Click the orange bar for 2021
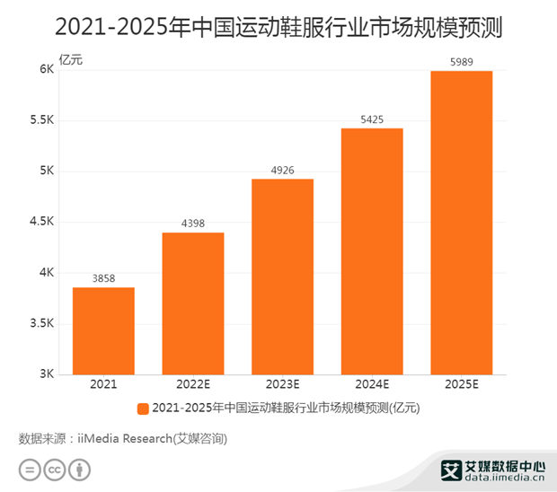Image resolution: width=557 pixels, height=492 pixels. pyautogui.click(x=103, y=330)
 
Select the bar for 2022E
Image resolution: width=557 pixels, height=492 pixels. pyautogui.click(x=193, y=303)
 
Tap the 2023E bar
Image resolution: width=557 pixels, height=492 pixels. pyautogui.click(x=283, y=277)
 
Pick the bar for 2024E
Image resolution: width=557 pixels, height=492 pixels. pyautogui.click(x=372, y=251)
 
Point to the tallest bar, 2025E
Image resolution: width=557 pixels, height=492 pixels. pyautogui.click(x=462, y=223)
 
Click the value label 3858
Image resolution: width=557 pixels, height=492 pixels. pyautogui.click(x=103, y=278)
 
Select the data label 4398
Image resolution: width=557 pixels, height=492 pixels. pyautogui.click(x=193, y=224)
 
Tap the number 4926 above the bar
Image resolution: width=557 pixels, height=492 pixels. pyautogui.click(x=283, y=171)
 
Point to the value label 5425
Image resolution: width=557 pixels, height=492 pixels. pyautogui.click(x=372, y=119)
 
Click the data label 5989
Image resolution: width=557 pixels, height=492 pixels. pyautogui.click(x=462, y=62)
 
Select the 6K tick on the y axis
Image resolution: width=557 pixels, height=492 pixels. pyautogui.click(x=47, y=69)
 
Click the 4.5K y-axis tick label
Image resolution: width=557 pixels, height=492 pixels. pyautogui.click(x=41, y=222)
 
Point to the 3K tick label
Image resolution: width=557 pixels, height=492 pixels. pyautogui.click(x=47, y=373)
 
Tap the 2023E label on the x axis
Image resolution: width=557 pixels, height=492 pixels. pyautogui.click(x=283, y=384)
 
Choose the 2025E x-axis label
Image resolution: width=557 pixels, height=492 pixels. pyautogui.click(x=462, y=384)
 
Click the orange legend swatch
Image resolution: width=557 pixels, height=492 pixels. pyautogui.click(x=143, y=409)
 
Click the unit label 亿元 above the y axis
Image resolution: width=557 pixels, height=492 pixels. pyautogui.click(x=71, y=59)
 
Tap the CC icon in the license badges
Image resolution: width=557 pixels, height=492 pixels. pyautogui.click(x=54, y=470)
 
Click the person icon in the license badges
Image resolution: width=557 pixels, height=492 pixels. pyautogui.click(x=80, y=470)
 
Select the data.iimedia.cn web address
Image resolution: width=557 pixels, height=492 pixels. pyautogui.click(x=504, y=477)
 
